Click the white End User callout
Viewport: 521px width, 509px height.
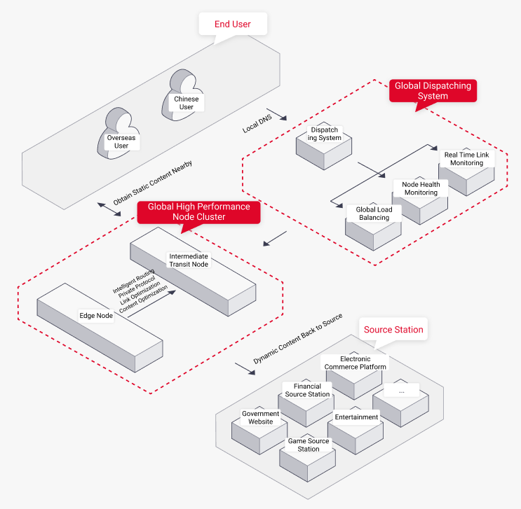tap(232, 25)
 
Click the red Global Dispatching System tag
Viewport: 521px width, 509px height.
tap(432, 91)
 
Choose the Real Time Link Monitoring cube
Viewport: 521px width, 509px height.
tap(466, 167)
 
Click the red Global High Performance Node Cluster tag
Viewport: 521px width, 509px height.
tap(198, 211)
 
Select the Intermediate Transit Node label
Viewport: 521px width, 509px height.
tap(189, 260)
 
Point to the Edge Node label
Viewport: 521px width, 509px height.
tap(96, 316)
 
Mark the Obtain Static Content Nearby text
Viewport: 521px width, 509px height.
tap(152, 183)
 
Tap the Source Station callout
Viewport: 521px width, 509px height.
tap(393, 330)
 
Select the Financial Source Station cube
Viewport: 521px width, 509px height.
tap(307, 396)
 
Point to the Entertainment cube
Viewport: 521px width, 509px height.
tap(356, 423)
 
